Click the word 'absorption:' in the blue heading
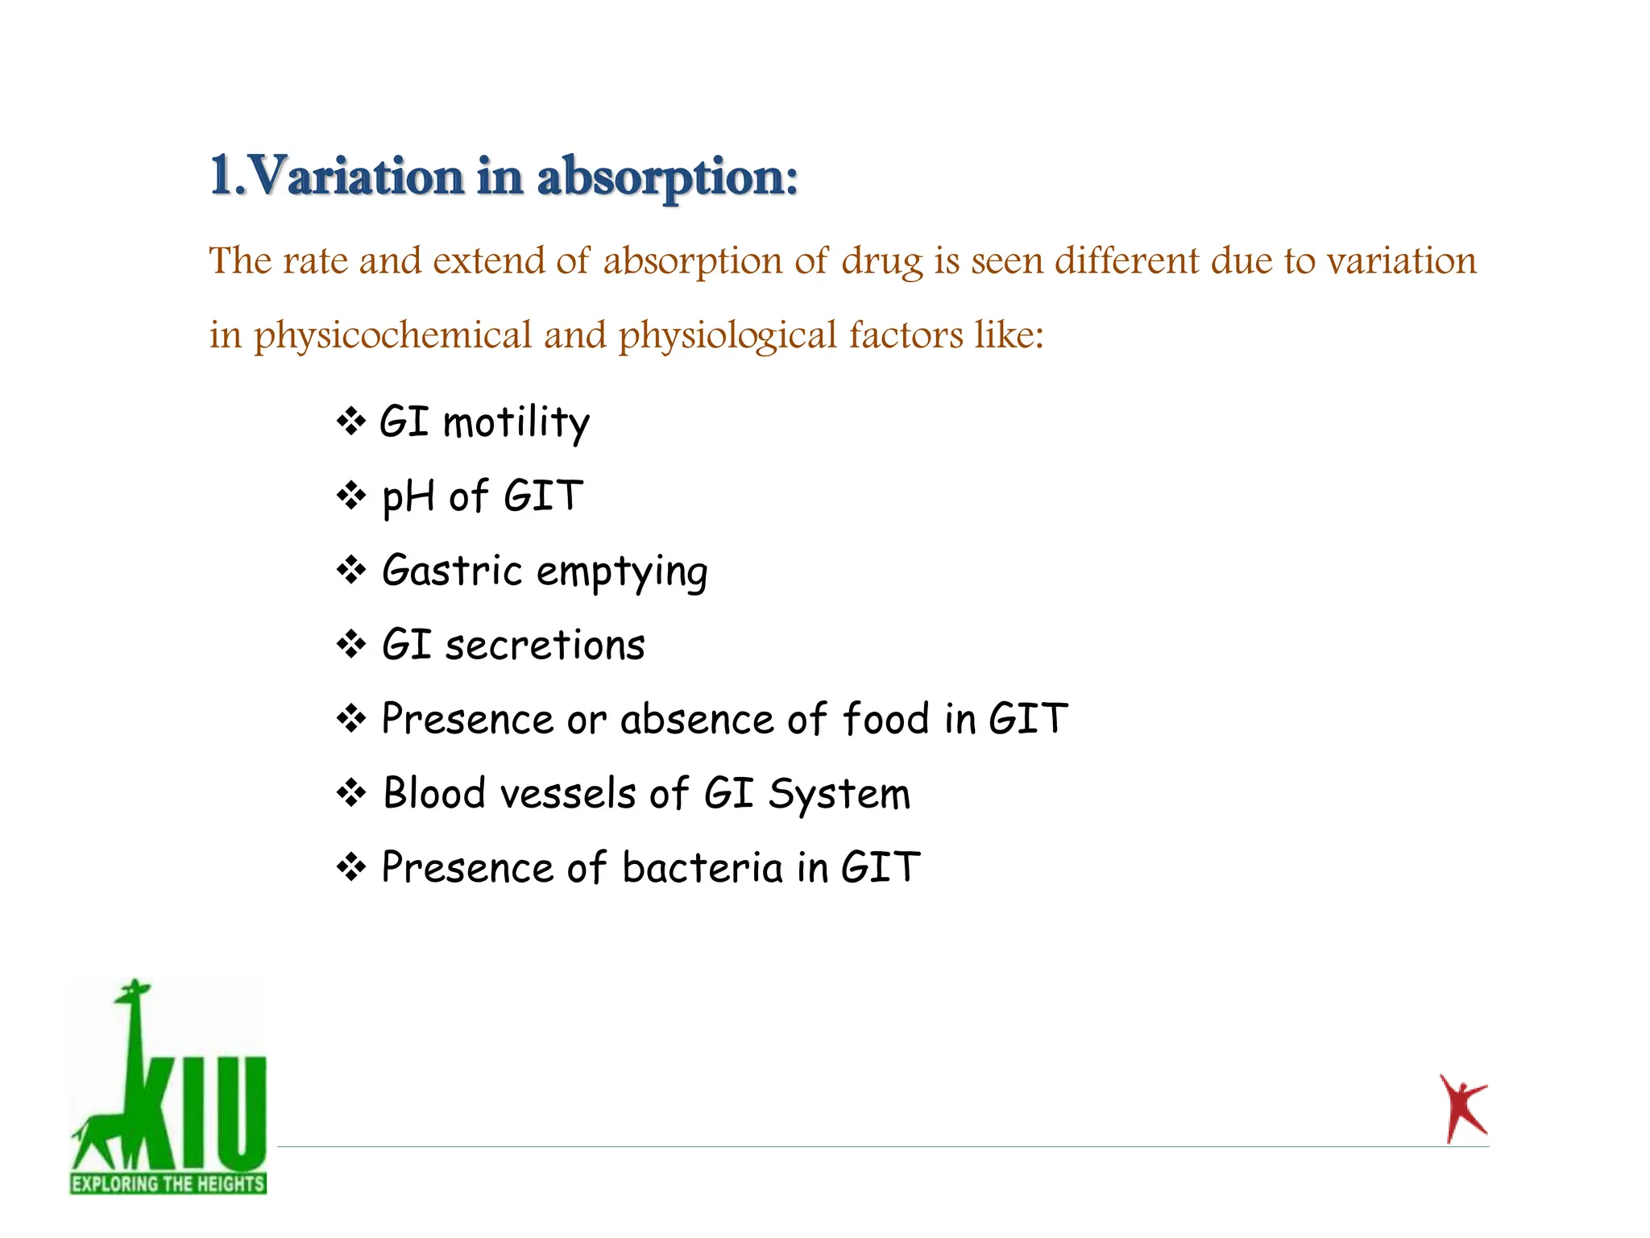667,177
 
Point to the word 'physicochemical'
393,335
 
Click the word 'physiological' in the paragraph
728,335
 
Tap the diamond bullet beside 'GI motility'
351,421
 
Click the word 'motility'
516,422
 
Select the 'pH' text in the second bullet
408,496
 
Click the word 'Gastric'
452,571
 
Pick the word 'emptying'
622,572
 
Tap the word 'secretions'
545,646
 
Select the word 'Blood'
434,793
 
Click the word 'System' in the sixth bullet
839,795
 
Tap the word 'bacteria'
702,868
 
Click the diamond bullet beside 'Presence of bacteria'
351,867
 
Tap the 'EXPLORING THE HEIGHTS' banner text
168,1183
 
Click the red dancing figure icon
1462,1108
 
